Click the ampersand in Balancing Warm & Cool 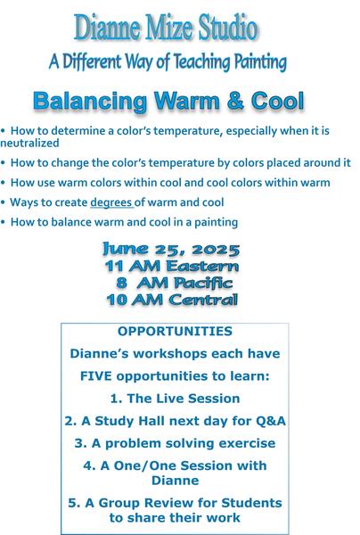pos(235,101)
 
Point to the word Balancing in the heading pos(90,102)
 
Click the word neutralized pos(29,143)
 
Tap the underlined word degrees pos(111,202)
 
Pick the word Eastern pos(203,266)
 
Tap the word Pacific pos(203,283)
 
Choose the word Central pos(203,300)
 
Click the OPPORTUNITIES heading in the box pos(175,332)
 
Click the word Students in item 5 pos(251,503)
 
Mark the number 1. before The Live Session pos(116,399)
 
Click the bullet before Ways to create pos(3,202)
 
